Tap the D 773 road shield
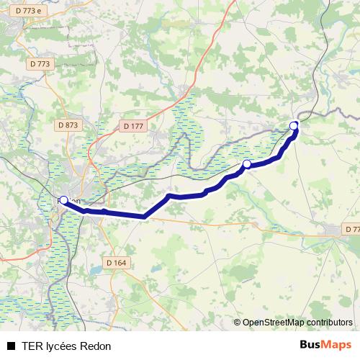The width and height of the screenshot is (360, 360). click(41, 64)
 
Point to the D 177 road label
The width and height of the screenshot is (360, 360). click(134, 126)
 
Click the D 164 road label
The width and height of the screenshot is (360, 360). click(115, 263)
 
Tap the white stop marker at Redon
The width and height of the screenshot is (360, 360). click(63, 200)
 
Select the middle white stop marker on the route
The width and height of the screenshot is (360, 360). click(246, 164)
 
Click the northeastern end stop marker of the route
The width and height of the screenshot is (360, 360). click(294, 126)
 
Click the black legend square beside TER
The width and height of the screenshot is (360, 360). click(11, 346)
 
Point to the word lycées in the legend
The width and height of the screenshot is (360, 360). click(63, 346)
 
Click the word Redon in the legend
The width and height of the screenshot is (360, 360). click(96, 346)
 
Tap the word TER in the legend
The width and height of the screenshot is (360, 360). click(32, 346)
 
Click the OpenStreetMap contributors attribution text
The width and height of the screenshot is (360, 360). click(297, 323)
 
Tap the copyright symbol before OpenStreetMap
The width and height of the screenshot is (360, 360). click(238, 323)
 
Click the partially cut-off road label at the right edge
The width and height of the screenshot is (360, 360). click(351, 229)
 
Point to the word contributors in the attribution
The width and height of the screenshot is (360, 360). click(328, 323)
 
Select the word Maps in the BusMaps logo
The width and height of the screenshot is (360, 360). click(336, 346)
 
